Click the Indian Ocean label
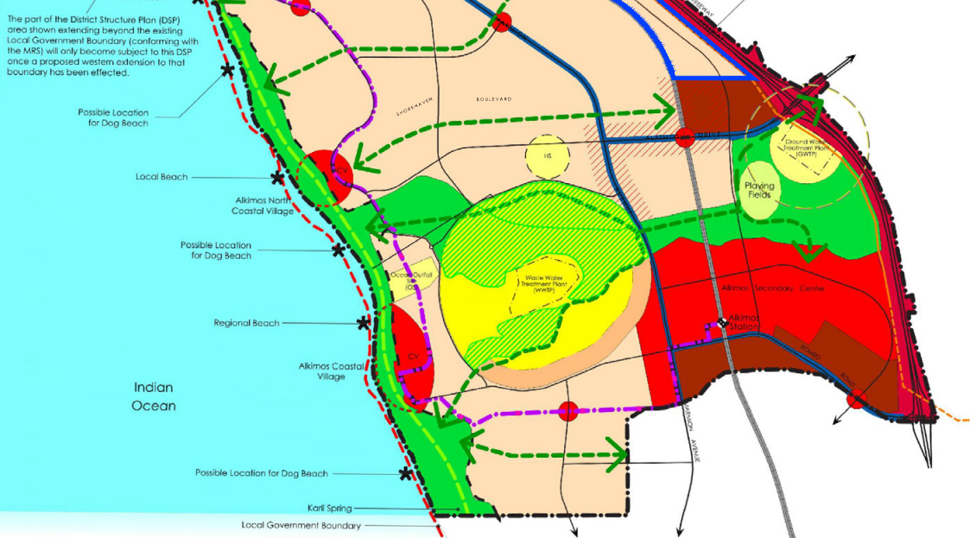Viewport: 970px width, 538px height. click(155, 396)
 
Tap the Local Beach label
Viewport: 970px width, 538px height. click(162, 177)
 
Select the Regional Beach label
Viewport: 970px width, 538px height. click(246, 323)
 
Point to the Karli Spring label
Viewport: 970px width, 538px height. click(329, 509)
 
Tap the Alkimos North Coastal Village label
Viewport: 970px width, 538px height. click(263, 205)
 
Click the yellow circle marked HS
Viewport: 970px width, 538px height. click(547, 156)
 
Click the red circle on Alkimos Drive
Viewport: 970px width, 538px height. click(685, 136)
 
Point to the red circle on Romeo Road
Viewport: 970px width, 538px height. click(855, 400)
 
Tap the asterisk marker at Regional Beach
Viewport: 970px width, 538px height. click(364, 323)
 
